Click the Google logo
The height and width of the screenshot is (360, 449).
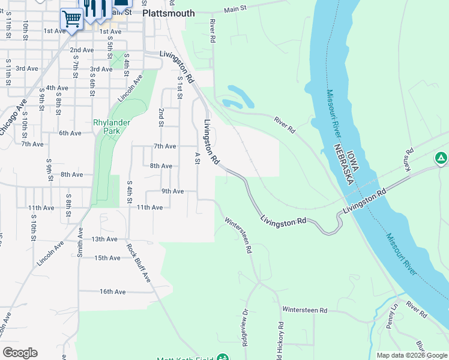[x=20, y=353]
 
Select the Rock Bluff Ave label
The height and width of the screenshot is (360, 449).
[x=139, y=258]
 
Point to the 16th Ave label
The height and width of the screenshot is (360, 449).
[x=113, y=292]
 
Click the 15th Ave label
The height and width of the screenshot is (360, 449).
[x=107, y=258]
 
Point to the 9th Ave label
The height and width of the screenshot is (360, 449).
[x=172, y=191]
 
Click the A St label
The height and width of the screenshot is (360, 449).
[x=197, y=157]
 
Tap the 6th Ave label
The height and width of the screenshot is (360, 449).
[x=70, y=133]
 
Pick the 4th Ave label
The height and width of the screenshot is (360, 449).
[x=57, y=88]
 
